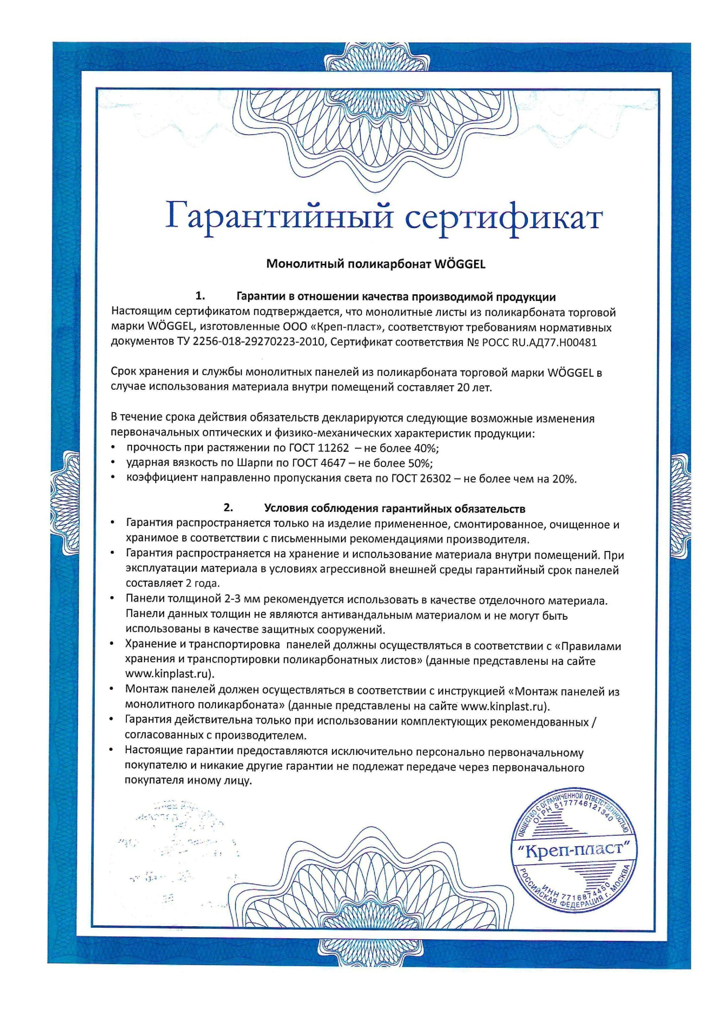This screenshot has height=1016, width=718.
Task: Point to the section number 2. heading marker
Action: click(228, 509)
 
